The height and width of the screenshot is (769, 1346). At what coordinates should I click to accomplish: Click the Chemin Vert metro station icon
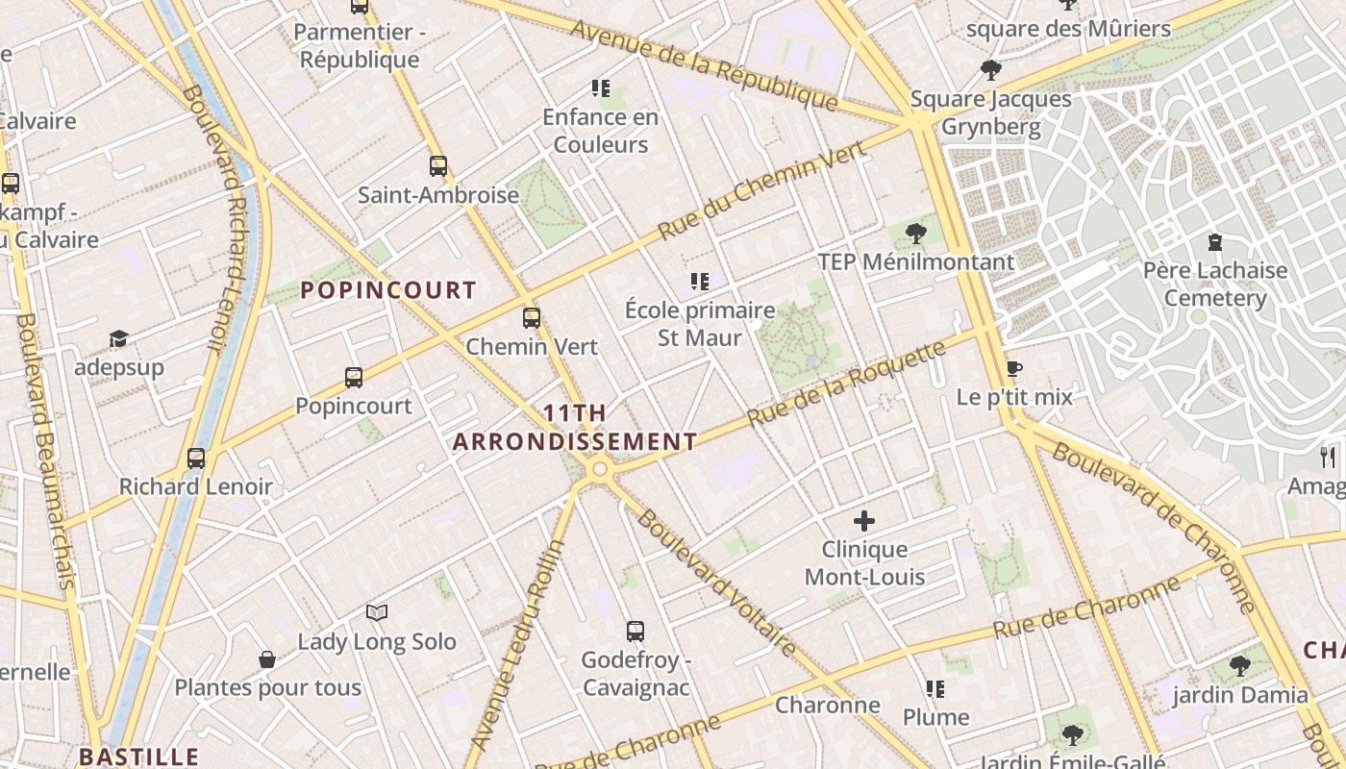tap(532, 318)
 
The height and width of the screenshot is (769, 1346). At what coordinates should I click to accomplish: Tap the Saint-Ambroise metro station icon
tap(438, 166)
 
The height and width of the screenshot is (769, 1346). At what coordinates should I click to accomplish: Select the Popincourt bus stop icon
tap(354, 378)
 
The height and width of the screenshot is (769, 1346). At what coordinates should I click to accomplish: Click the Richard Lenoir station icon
tap(196, 459)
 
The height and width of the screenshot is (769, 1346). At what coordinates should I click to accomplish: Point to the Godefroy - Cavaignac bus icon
tap(636, 632)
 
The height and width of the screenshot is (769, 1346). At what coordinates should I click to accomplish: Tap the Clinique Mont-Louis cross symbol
tap(864, 521)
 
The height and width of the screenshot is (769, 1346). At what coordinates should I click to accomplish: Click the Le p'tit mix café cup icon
tap(1013, 368)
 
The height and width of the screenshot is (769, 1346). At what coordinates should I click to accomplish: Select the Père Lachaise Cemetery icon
tap(1214, 241)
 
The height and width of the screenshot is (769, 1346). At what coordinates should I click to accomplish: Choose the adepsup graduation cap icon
tap(118, 339)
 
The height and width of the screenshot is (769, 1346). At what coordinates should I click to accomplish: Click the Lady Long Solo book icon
tap(377, 612)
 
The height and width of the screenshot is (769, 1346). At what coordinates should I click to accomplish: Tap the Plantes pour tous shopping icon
tap(267, 659)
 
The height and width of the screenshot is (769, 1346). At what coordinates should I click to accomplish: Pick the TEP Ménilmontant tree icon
tap(916, 233)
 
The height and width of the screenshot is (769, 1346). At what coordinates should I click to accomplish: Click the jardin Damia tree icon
tap(1240, 665)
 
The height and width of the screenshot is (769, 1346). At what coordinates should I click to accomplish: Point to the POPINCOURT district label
tap(388, 290)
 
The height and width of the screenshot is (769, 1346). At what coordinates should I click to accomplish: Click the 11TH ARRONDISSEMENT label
tap(575, 428)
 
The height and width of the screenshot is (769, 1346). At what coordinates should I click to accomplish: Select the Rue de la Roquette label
tap(846, 384)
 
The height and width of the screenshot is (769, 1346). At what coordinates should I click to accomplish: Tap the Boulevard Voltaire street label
tap(716, 583)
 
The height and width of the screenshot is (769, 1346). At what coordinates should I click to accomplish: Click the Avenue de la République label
tap(704, 65)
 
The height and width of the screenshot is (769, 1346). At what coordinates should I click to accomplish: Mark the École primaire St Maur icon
tap(700, 282)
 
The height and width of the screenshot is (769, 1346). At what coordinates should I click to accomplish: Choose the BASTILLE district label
tap(138, 757)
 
